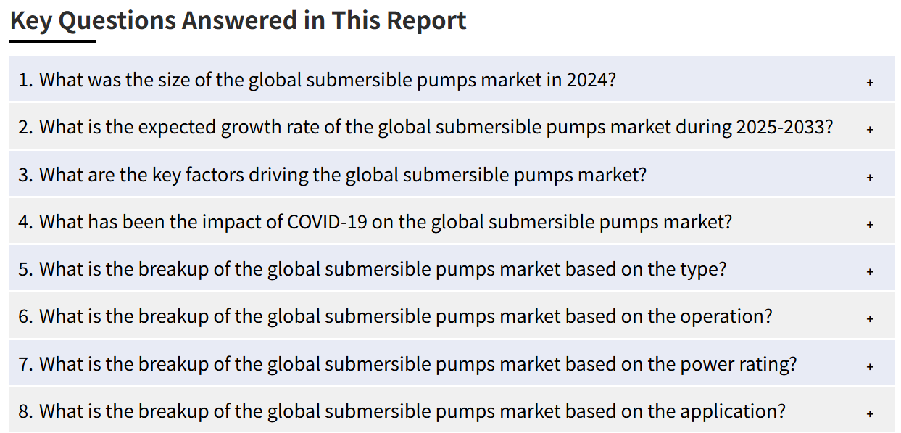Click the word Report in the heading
pyautogui.click(x=426, y=21)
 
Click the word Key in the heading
pyautogui.click(x=31, y=21)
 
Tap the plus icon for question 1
pyautogui.click(x=870, y=83)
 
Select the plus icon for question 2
pyautogui.click(x=870, y=130)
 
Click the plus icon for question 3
pyautogui.click(x=870, y=178)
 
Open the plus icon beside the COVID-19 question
pyautogui.click(x=870, y=225)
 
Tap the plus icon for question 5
pyautogui.click(x=870, y=272)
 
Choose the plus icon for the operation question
pyautogui.click(x=870, y=318)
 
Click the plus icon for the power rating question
pyautogui.click(x=870, y=366)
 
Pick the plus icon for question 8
pyautogui.click(x=870, y=413)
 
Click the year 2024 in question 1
pyautogui.click(x=587, y=80)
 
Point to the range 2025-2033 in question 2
pyautogui.click(x=779, y=127)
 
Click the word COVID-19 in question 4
pyautogui.click(x=327, y=222)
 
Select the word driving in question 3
pyautogui.click(x=278, y=175)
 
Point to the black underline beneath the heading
pyautogui.click(x=53, y=41)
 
